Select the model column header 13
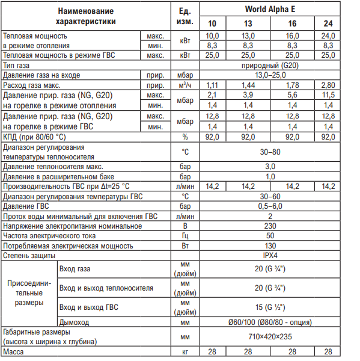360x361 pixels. click(x=248, y=24)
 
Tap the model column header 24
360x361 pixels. click(x=328, y=24)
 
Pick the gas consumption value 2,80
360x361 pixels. click(x=328, y=85)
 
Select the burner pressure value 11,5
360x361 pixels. click(x=328, y=95)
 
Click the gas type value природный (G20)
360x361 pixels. click(x=270, y=65)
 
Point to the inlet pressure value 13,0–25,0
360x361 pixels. click(x=270, y=75)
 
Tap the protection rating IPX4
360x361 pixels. click(x=270, y=256)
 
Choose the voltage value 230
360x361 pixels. click(x=270, y=226)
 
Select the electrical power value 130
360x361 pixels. click(x=270, y=246)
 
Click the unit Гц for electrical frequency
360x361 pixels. click(x=186, y=236)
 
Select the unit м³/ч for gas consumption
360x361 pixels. click(x=186, y=85)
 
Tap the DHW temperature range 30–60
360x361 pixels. click(x=270, y=197)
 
